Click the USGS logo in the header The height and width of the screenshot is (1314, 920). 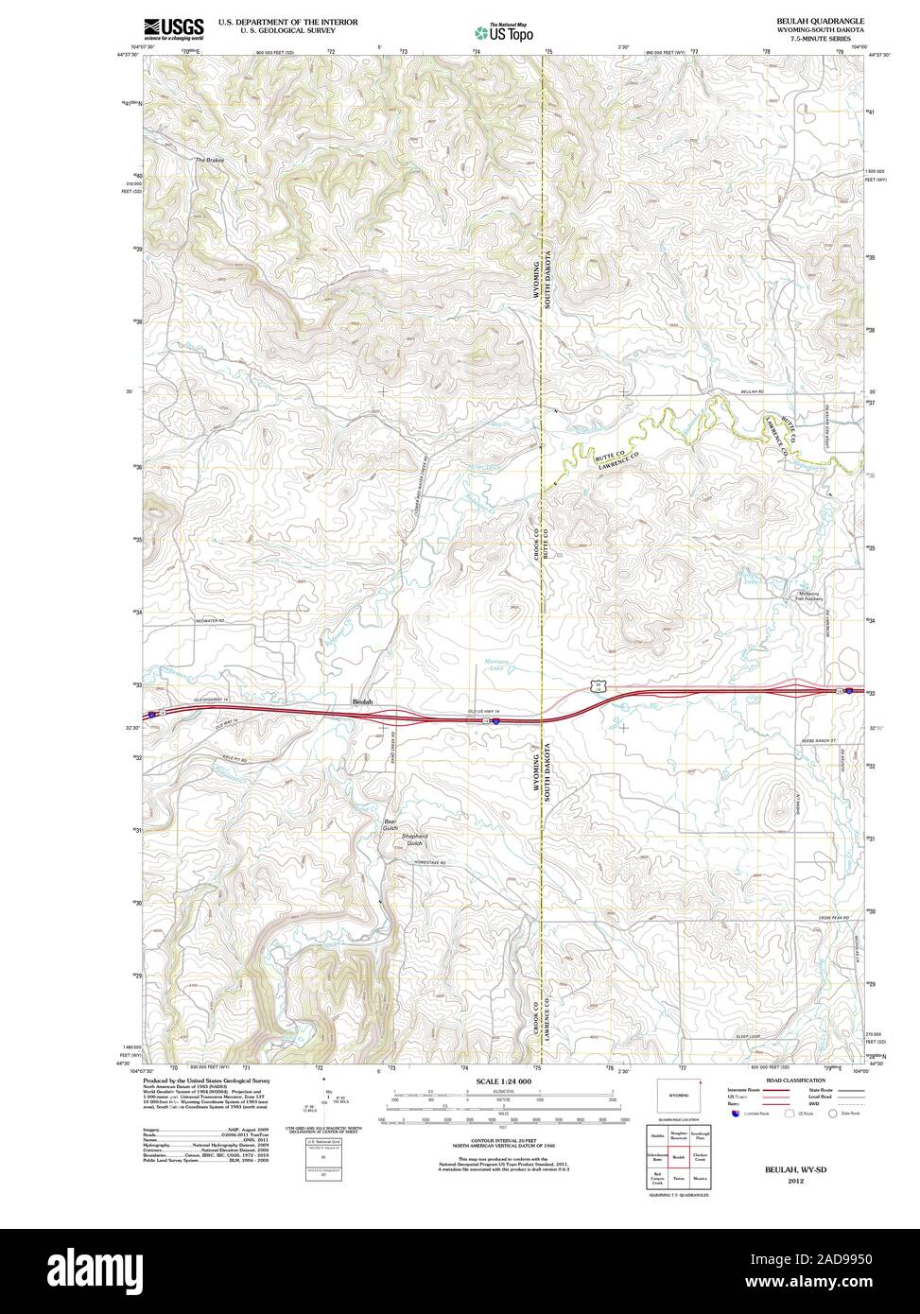[x=173, y=28]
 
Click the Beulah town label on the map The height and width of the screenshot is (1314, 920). [x=362, y=701]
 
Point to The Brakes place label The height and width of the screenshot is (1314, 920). [x=209, y=161]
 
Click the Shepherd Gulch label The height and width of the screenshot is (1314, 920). [x=415, y=839]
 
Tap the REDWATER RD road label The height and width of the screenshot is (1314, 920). [x=213, y=620]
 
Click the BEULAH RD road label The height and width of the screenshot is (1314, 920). [x=751, y=391]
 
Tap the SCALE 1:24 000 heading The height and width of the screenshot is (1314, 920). [x=503, y=1081]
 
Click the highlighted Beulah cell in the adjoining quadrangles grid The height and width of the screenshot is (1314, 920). [x=677, y=1156]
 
